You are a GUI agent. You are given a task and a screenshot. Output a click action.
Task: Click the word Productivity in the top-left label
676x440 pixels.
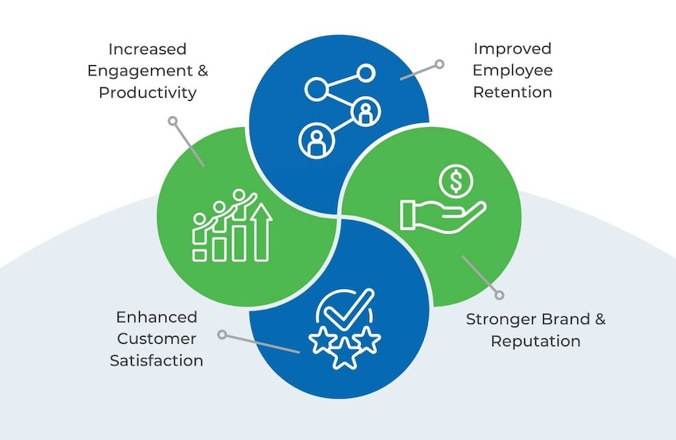147,92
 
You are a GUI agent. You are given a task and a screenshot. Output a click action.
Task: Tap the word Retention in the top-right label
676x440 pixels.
512,92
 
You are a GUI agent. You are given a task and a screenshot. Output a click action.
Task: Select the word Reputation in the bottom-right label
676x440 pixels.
535,342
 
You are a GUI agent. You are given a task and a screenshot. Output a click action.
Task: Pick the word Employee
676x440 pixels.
512,70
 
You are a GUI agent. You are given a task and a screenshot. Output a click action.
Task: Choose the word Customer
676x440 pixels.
156,339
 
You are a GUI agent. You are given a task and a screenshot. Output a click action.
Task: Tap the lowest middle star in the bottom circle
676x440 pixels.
344,356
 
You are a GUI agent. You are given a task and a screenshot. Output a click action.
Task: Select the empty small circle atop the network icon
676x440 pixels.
365,73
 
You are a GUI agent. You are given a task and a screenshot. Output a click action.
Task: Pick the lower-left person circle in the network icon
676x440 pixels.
314,141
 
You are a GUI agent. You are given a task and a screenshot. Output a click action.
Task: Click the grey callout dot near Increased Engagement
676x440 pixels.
172,121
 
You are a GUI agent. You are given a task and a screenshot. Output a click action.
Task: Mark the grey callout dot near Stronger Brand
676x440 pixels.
499,295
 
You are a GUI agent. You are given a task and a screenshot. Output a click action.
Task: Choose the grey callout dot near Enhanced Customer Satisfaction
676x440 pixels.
223,334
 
